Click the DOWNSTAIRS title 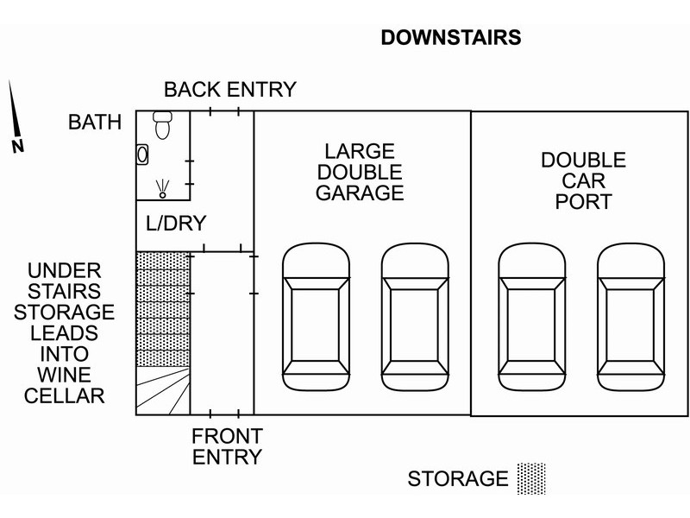[452, 39]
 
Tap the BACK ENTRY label [229, 89]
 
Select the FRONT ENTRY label [227, 445]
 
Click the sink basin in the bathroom [143, 154]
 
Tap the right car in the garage [415, 316]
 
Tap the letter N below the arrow [17, 146]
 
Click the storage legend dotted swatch [531, 477]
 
